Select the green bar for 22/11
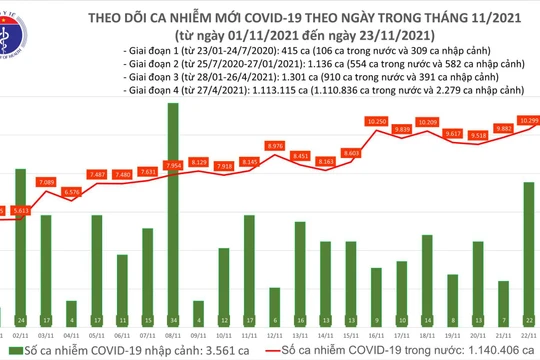pyautogui.click(x=526, y=250)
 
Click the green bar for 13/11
pyautogui.click(x=300, y=299)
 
